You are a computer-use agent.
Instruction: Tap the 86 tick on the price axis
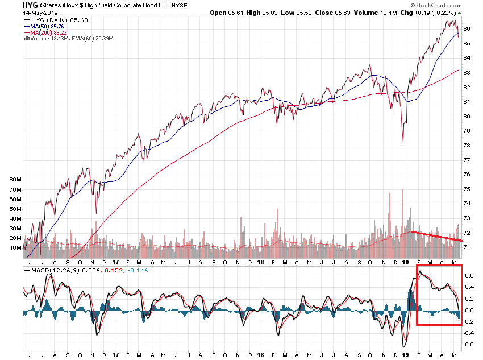point(467,28)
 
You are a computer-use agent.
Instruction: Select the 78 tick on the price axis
point(467,145)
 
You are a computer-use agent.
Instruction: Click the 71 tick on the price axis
point(467,247)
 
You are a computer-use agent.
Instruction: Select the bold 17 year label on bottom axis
point(115,354)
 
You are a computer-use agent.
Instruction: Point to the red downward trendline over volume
point(436,237)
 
